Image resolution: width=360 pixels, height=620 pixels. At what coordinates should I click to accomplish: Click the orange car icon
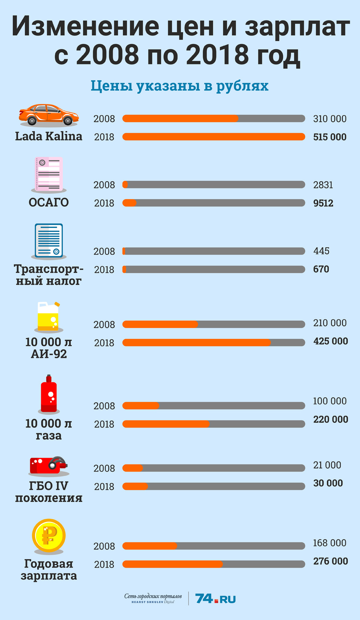point(49,115)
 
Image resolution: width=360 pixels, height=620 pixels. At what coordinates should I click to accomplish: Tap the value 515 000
point(330,137)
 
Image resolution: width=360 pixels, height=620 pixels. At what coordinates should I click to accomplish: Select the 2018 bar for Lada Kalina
point(214,137)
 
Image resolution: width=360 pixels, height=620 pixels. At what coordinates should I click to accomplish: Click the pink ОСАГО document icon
point(49,174)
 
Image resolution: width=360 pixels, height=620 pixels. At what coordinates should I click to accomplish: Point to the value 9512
point(323,203)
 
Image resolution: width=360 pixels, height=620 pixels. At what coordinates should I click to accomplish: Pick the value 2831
point(323,185)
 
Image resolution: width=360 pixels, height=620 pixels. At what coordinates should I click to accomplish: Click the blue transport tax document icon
point(49,241)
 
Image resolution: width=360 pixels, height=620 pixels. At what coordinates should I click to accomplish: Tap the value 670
point(321,269)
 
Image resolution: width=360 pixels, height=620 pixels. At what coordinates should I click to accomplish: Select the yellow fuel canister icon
point(48,316)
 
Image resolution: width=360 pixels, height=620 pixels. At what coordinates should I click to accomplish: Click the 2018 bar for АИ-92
point(214,343)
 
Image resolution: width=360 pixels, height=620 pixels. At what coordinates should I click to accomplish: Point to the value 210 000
point(330,323)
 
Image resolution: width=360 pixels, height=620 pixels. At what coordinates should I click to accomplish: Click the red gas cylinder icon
point(49,394)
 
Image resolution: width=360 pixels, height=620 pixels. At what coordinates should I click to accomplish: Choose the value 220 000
point(330,420)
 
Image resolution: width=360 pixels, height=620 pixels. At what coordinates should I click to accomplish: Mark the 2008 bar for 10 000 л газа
point(214,406)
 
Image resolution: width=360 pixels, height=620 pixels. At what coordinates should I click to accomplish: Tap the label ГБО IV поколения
point(49,492)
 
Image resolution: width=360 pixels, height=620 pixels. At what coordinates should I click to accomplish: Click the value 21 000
point(327,465)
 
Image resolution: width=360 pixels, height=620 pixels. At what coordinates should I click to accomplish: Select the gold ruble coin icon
point(49,536)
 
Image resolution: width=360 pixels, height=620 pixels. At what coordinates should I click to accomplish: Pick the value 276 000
point(330,561)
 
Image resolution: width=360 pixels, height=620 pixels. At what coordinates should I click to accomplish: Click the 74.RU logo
point(215,599)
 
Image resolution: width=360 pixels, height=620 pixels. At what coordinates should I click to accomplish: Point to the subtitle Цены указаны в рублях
point(180,86)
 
